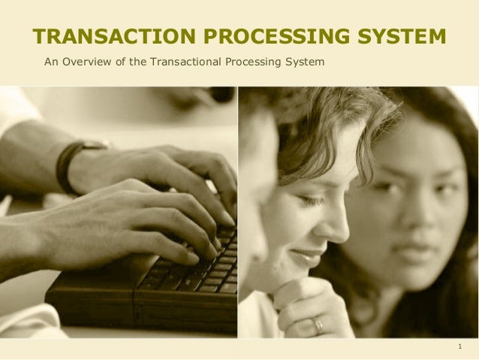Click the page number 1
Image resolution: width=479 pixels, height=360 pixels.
[459, 347]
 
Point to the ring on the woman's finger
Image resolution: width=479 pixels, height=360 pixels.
[318, 325]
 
